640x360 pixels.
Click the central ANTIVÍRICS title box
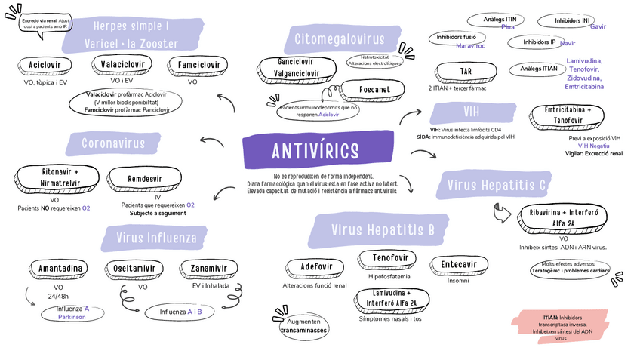315,152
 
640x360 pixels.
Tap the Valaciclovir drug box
122,65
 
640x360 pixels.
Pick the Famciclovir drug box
199,65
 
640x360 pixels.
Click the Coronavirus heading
113,143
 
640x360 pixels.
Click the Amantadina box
60,269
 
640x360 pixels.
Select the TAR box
466,72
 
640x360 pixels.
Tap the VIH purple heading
471,113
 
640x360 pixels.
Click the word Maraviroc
471,46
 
